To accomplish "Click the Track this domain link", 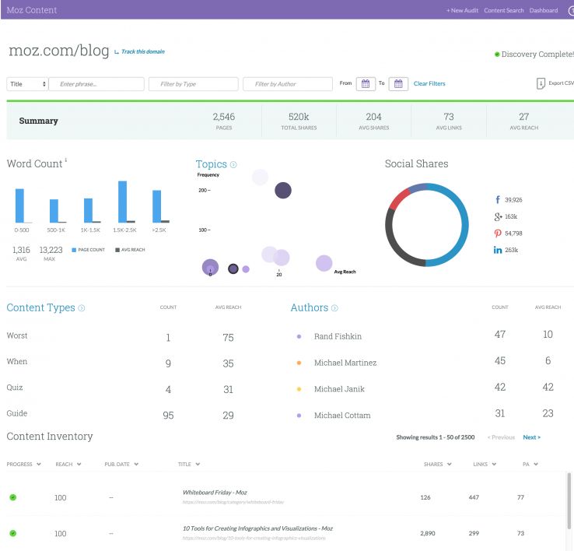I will click(142, 52).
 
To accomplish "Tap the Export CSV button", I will click(555, 83).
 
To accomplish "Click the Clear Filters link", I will click(429, 83).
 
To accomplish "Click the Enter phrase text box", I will click(96, 83).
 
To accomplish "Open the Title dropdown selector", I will click(27, 83).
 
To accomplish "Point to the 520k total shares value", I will click(299, 117).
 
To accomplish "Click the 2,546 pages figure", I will click(223, 117).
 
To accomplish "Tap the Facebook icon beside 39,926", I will click(497, 199).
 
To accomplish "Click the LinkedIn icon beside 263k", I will click(497, 250).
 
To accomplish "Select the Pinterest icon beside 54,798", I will click(497, 233).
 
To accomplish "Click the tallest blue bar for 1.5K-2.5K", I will click(122, 202).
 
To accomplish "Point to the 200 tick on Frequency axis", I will click(204, 190).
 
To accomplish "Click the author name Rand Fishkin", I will click(338, 336).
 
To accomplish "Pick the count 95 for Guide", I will click(168, 416).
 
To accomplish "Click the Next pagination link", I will click(531, 437).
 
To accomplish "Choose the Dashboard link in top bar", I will click(544, 10).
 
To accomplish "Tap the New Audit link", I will click(462, 10).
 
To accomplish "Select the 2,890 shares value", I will click(427, 533).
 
